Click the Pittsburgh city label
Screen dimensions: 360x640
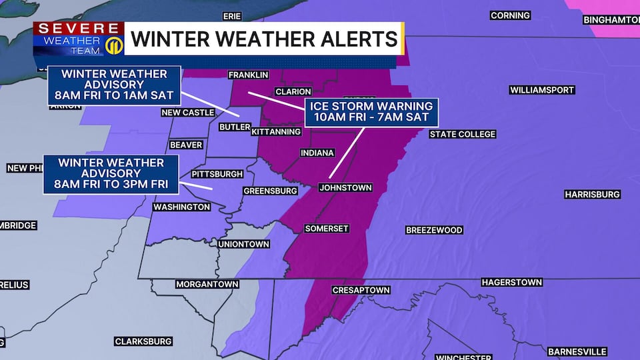(x=217, y=174)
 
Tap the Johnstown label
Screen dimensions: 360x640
(x=345, y=187)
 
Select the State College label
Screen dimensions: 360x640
(x=462, y=134)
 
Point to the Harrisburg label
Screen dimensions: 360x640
(x=592, y=195)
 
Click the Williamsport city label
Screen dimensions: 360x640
(x=541, y=90)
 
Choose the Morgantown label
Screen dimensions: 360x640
(x=207, y=284)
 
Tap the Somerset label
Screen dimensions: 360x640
(x=327, y=229)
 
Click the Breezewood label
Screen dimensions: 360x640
(x=434, y=230)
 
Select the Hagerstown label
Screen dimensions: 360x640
(x=511, y=283)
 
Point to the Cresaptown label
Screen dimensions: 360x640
(x=361, y=291)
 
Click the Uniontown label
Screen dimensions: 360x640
(x=244, y=245)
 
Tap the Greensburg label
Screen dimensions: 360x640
(x=270, y=191)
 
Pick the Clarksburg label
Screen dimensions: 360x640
(x=143, y=341)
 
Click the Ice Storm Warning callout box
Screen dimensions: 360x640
(x=371, y=113)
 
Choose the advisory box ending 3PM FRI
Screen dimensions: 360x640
(x=111, y=174)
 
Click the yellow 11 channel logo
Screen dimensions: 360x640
(x=113, y=47)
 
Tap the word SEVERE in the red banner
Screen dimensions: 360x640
(x=79, y=29)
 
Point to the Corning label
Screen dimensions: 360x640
(x=510, y=15)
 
